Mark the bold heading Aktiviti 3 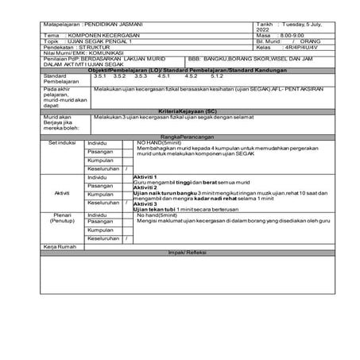coord(145,204)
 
